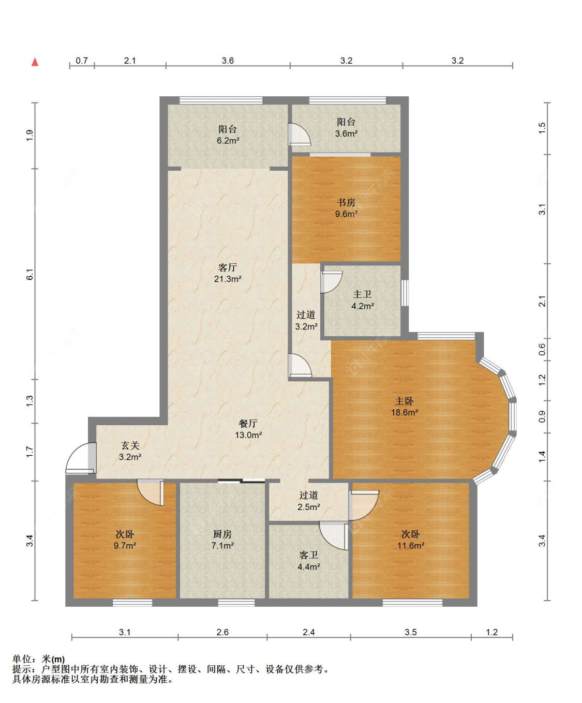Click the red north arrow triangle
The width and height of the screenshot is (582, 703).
click(35, 62)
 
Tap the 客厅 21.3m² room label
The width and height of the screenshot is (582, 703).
click(228, 273)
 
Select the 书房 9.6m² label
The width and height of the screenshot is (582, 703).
click(346, 208)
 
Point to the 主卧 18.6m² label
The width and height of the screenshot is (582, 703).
click(405, 407)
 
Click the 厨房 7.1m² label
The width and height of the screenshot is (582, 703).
click(222, 540)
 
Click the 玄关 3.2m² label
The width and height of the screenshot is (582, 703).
click(130, 451)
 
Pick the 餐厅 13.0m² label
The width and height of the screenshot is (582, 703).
click(248, 429)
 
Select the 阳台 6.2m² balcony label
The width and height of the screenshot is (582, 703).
click(228, 134)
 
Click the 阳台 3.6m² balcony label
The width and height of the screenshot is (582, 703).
click(346, 128)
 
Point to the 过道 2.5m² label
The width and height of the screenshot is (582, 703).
click(308, 501)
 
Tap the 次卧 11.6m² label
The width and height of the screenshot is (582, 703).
click(411, 540)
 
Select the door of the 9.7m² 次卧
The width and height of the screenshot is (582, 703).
click(151, 492)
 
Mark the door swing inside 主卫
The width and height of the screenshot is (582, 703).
click(332, 282)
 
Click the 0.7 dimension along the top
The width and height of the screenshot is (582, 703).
click(82, 61)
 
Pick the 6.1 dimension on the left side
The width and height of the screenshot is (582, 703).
click(30, 274)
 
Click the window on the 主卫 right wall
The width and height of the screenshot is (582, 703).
click(405, 293)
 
